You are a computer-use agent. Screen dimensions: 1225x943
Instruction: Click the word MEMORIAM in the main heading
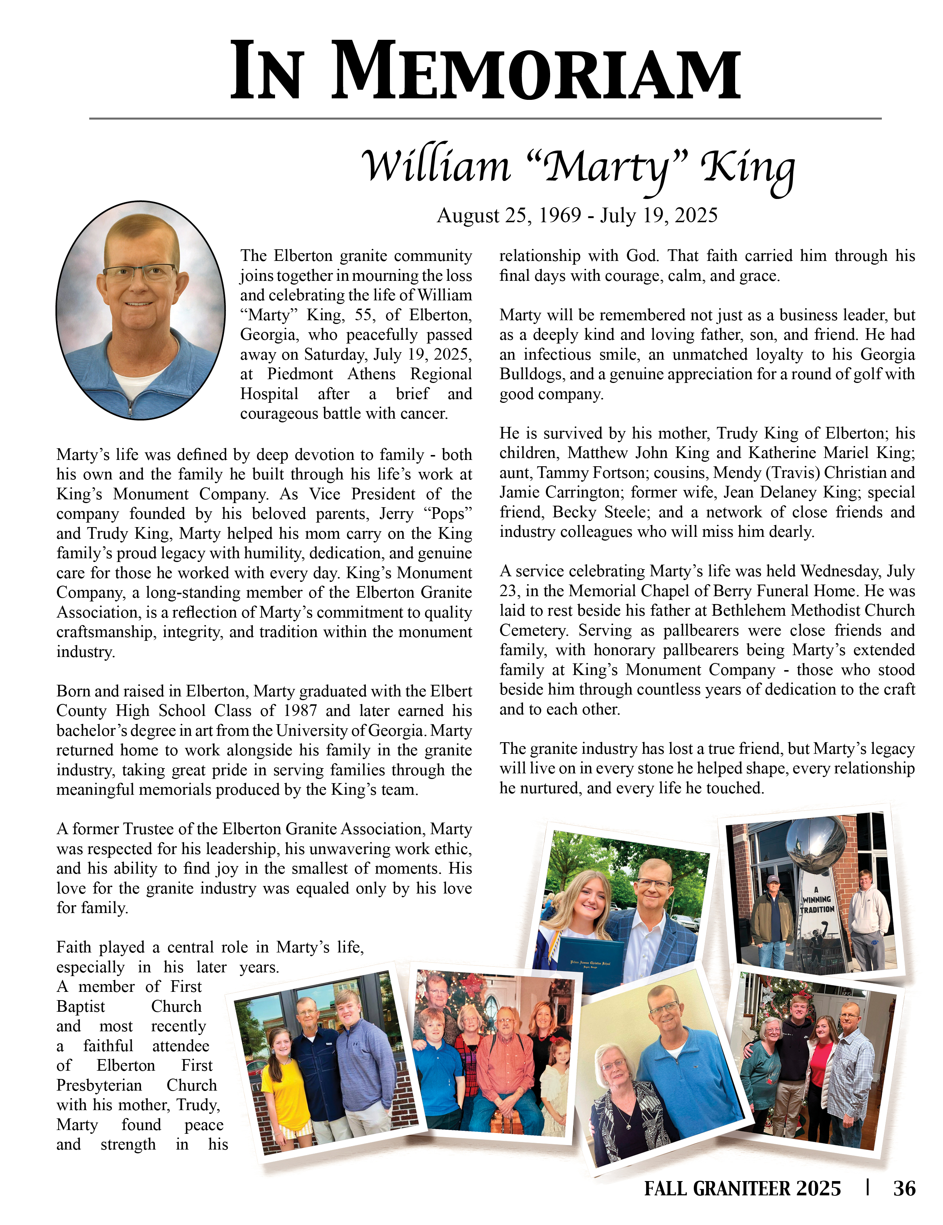click(x=537, y=73)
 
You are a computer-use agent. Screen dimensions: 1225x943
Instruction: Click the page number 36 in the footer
click(x=904, y=1188)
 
